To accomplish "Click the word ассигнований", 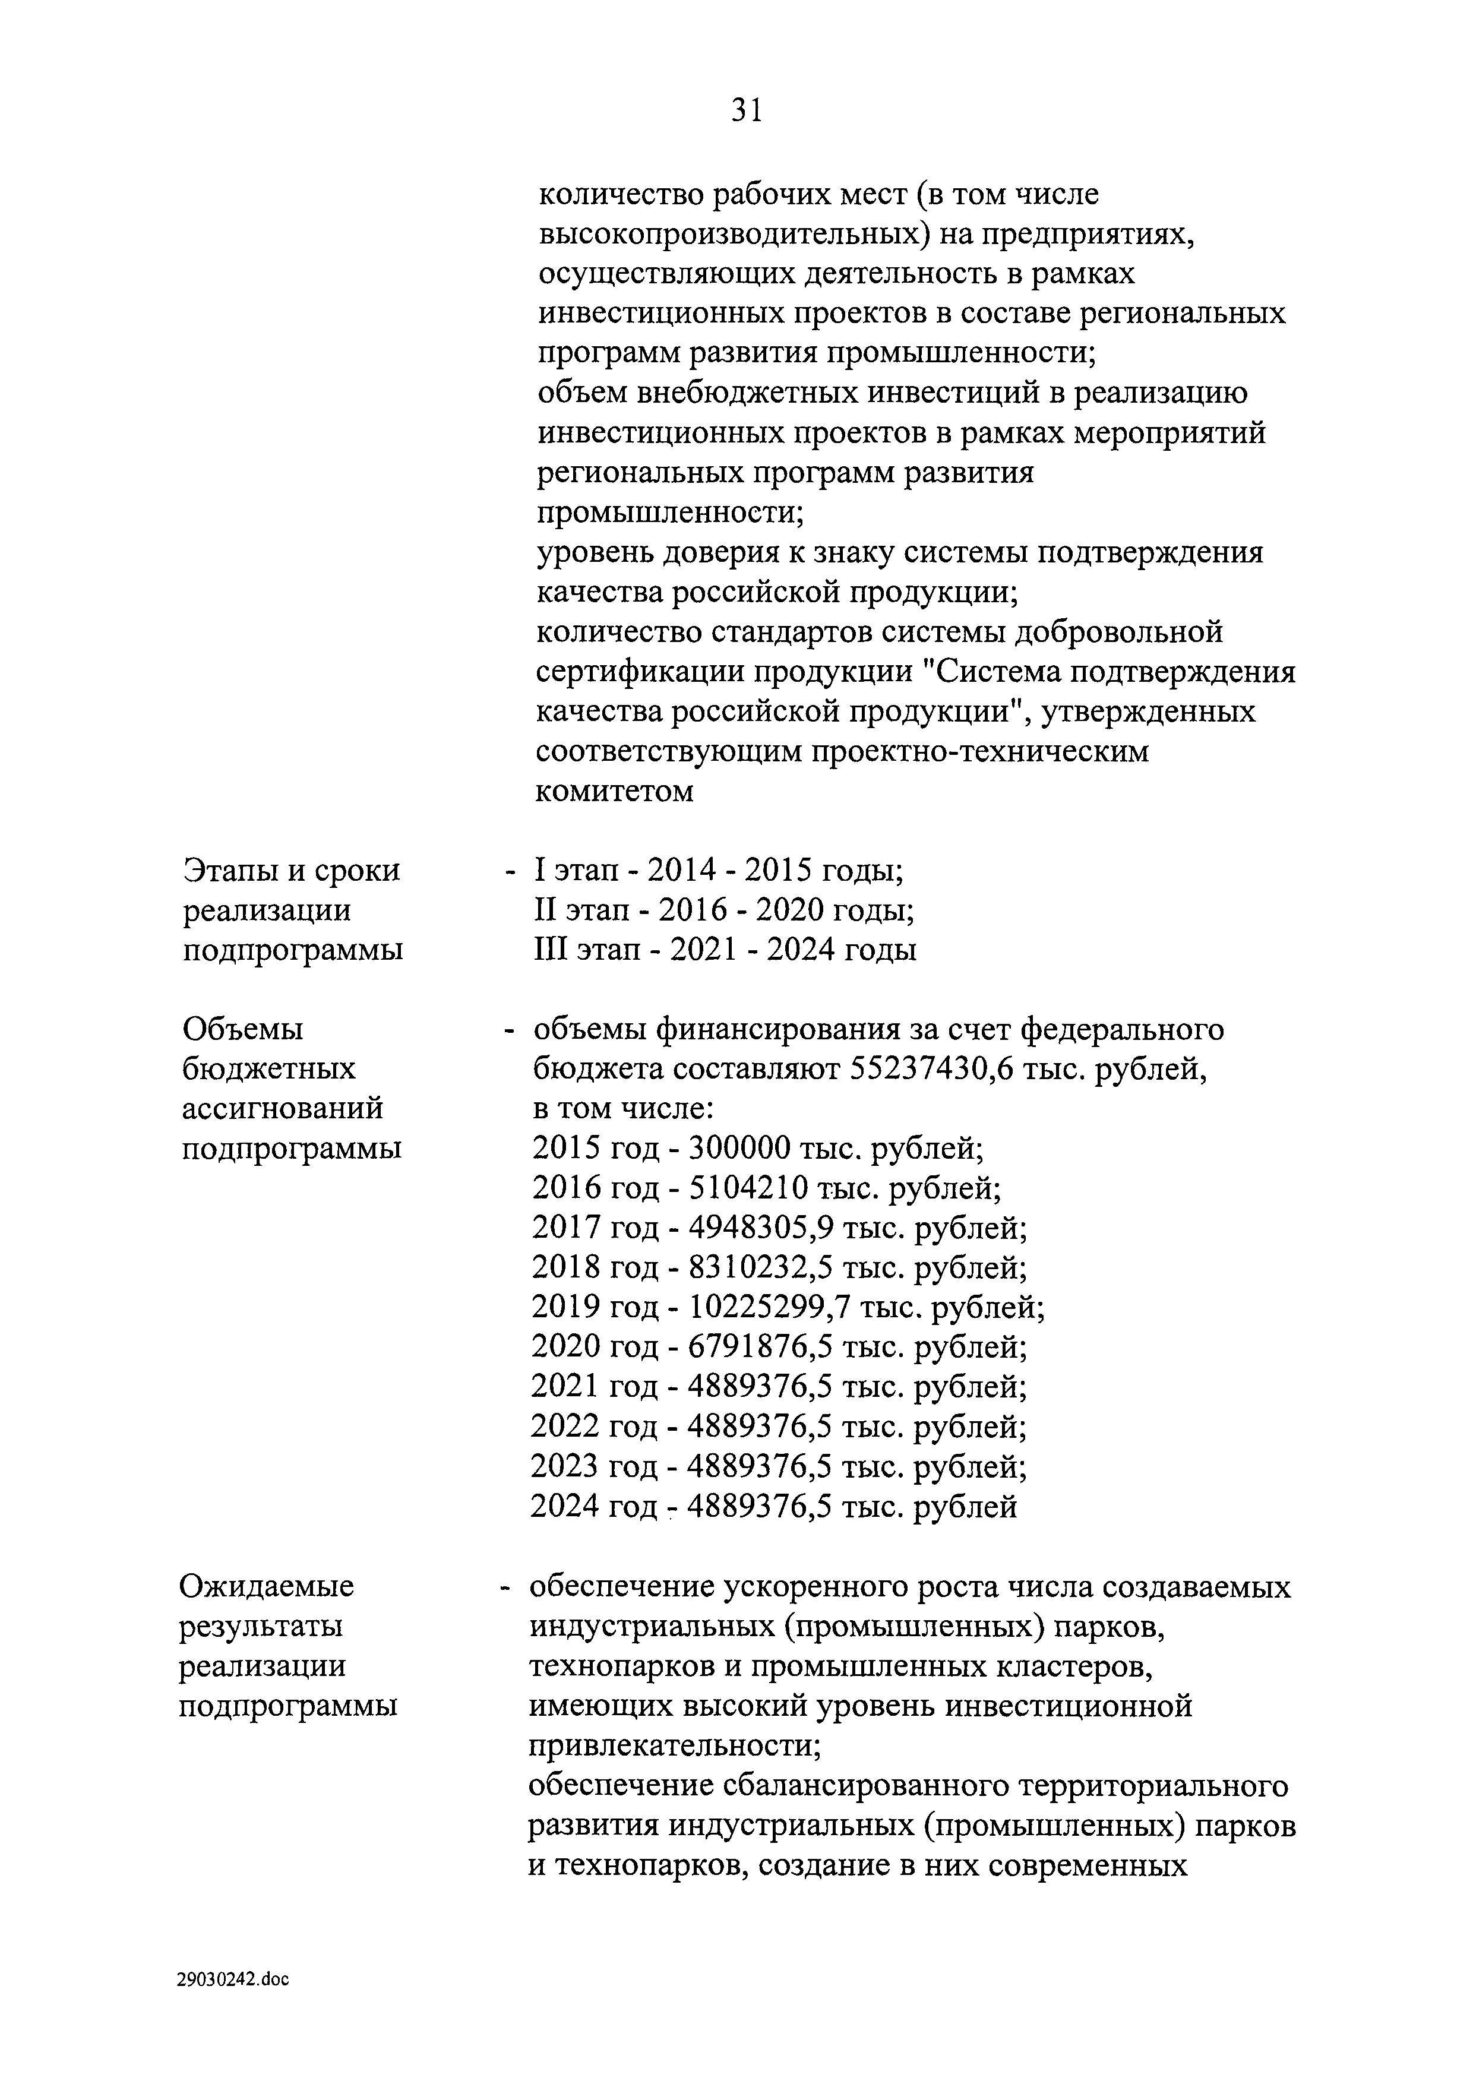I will (x=282, y=1108).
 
